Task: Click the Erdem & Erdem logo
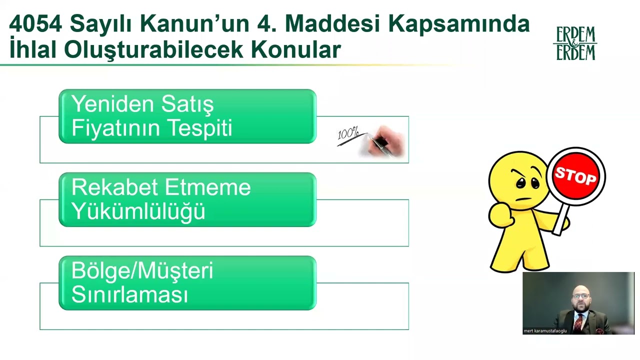click(x=575, y=43)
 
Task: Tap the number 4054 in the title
click(x=36, y=23)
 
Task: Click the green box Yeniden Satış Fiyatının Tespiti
click(x=187, y=116)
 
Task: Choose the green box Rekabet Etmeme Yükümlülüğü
click(x=187, y=199)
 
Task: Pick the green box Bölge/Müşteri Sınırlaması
click(x=187, y=283)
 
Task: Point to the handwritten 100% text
click(x=348, y=134)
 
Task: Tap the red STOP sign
click(x=576, y=176)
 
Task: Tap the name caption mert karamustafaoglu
click(x=545, y=331)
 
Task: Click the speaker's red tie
click(x=578, y=322)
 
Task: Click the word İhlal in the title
click(x=32, y=49)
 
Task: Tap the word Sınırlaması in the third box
click(x=129, y=294)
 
